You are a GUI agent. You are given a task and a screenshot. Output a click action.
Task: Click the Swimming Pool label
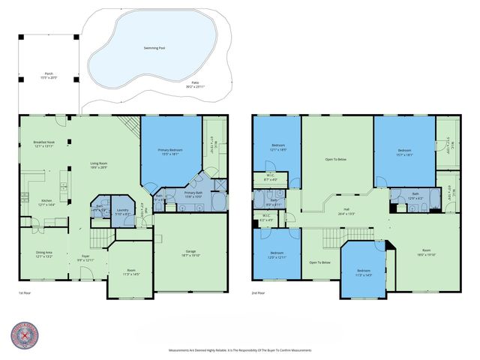[x=154, y=47]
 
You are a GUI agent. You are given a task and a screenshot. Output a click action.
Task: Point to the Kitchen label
[x=46, y=202]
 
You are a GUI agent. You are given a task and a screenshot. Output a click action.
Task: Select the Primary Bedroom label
[x=169, y=152]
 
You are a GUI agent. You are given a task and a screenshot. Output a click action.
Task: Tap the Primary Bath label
[x=193, y=193]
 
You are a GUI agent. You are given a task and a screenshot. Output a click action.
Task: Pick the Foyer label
[x=85, y=258]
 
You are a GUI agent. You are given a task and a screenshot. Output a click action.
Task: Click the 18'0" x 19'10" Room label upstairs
[x=425, y=252]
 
